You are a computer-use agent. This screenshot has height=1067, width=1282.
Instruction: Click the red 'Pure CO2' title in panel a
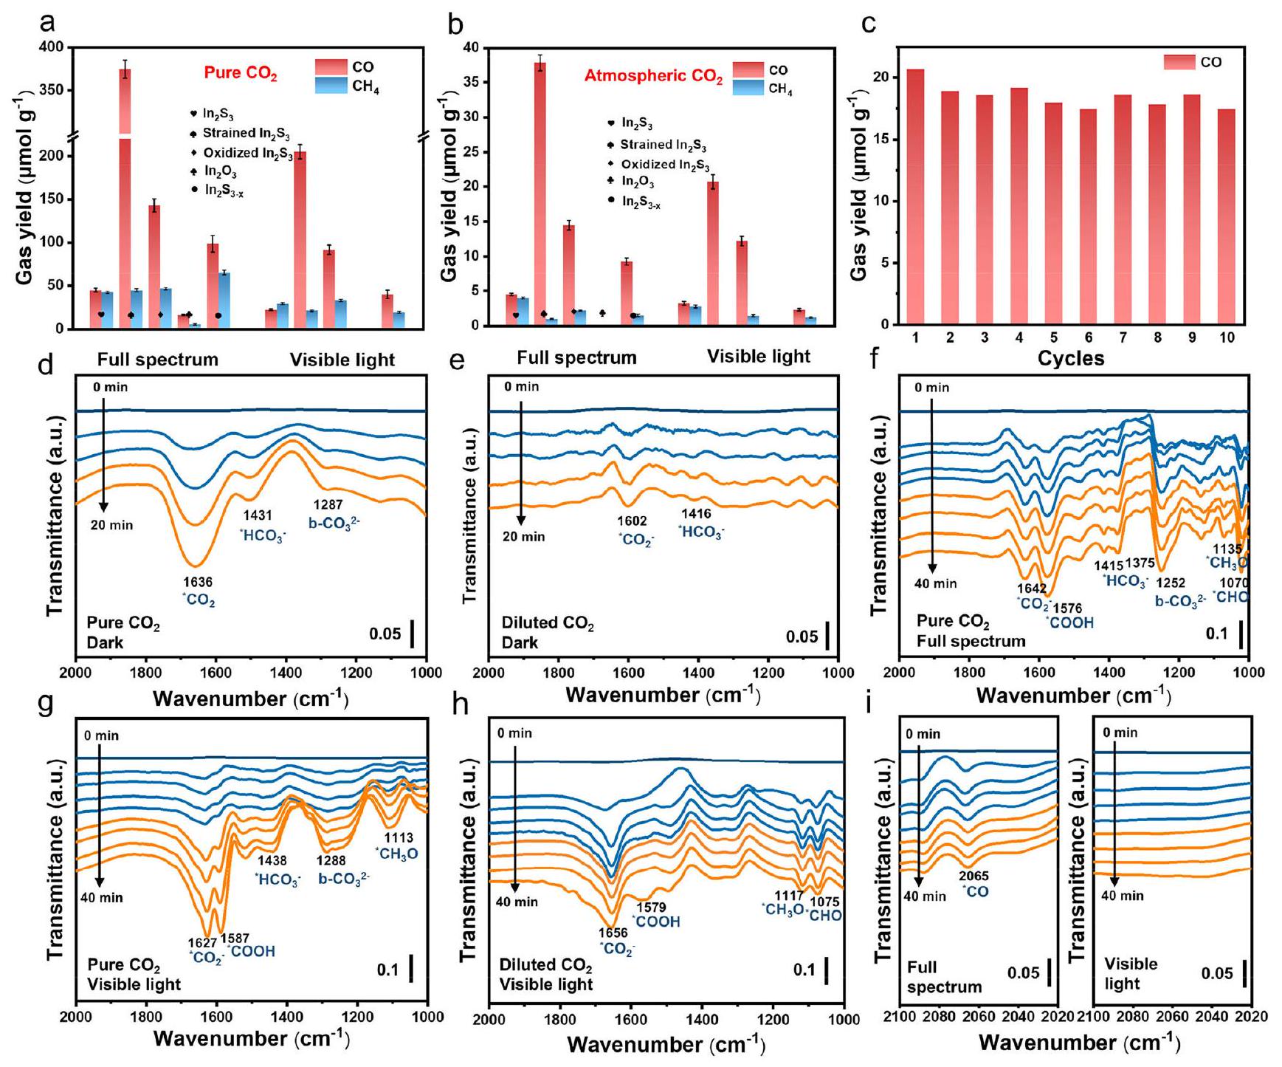[x=241, y=74]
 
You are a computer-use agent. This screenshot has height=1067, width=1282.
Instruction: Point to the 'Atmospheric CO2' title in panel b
[x=653, y=76]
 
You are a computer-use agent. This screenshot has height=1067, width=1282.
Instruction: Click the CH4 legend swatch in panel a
[x=331, y=86]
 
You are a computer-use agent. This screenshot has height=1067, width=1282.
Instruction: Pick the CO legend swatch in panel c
[x=1179, y=63]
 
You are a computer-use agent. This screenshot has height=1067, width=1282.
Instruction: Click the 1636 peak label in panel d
[x=198, y=583]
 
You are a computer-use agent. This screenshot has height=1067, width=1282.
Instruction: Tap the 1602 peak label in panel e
[x=632, y=522]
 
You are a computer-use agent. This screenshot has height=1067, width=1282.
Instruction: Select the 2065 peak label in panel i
[x=973, y=876]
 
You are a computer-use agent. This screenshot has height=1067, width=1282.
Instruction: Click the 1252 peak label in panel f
[x=1170, y=583]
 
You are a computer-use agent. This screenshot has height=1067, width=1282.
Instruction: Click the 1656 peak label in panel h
[x=613, y=933]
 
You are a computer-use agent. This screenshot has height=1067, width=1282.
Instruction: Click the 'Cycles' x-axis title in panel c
[x=1070, y=359]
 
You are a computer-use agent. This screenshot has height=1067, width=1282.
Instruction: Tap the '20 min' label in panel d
[x=112, y=526]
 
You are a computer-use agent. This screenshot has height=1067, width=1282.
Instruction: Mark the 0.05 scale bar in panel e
[x=827, y=635]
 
